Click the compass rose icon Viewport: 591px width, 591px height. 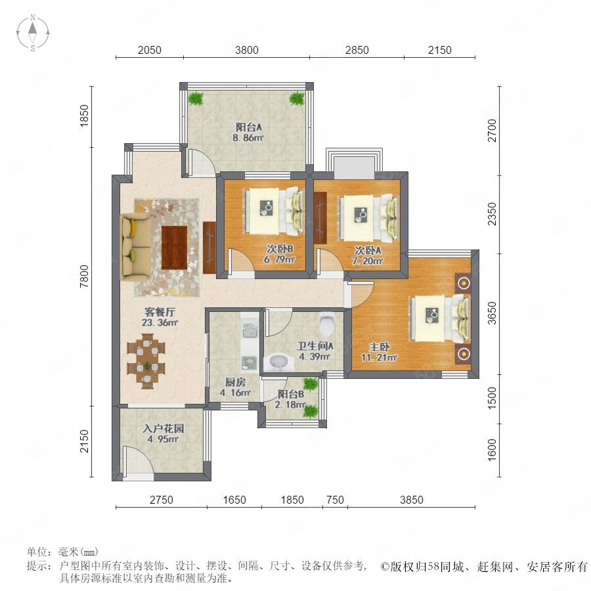pos(33,33)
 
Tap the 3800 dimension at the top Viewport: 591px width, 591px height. pos(246,50)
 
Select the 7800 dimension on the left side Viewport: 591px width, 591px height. pos(84,276)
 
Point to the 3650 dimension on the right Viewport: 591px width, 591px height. pos(492,313)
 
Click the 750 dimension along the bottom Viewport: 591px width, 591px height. pos(335,500)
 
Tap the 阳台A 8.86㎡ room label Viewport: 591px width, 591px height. pos(248,132)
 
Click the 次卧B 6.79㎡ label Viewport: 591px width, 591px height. pos(279,254)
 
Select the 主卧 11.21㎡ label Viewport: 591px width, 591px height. pos(379,352)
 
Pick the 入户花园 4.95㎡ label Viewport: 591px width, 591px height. pos(163,433)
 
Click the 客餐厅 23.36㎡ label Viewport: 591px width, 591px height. pos(160,317)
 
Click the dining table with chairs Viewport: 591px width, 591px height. pos(146,361)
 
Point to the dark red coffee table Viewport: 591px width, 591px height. pos(175,248)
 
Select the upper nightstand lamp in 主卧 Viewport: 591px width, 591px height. pos(463,282)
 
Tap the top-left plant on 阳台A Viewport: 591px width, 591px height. pos(196,98)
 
